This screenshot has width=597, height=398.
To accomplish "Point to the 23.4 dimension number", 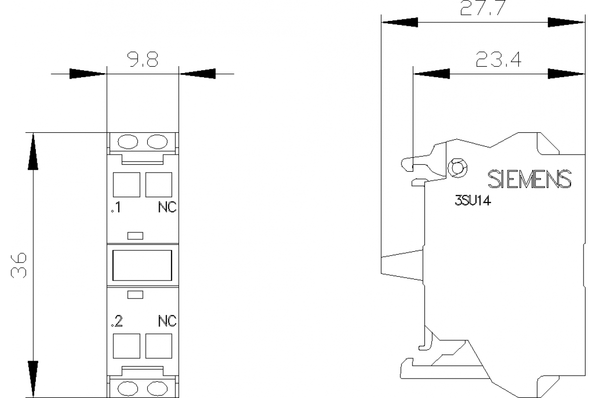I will [498, 60].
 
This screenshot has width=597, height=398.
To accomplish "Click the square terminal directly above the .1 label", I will [126, 185].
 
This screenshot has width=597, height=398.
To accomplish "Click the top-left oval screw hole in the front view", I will [127, 142].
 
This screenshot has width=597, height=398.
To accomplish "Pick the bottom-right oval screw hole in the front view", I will [158, 388].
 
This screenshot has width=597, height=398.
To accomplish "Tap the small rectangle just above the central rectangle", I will [135, 235].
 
